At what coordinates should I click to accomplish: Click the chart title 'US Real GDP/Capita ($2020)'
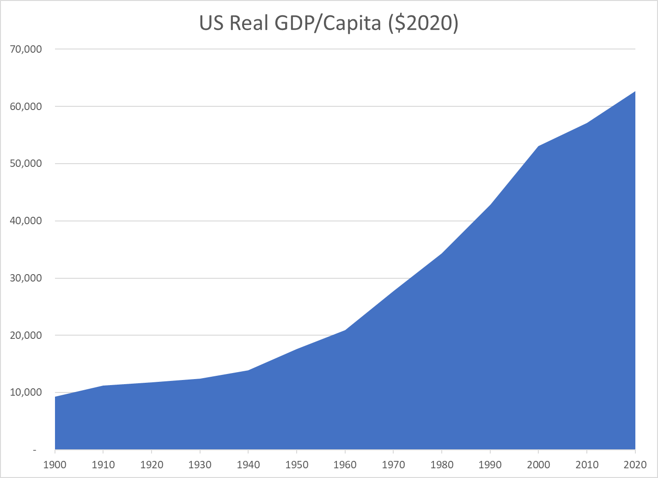pos(329,24)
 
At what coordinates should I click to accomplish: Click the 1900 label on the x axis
pos(55,464)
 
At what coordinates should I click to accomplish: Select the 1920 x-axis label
pos(152,464)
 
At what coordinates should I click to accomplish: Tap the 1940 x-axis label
pos(248,464)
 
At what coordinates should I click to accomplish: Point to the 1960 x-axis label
pos(345,464)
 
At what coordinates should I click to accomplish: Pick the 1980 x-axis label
pos(442,464)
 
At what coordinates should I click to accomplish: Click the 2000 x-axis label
pos(538,464)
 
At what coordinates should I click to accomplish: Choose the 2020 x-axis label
pos(635,464)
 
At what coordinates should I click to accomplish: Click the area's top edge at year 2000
pos(538,147)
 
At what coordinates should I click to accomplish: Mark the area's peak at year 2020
pos(635,92)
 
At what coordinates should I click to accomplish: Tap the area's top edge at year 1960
pos(345,330)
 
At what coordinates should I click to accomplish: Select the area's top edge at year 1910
pos(103,386)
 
